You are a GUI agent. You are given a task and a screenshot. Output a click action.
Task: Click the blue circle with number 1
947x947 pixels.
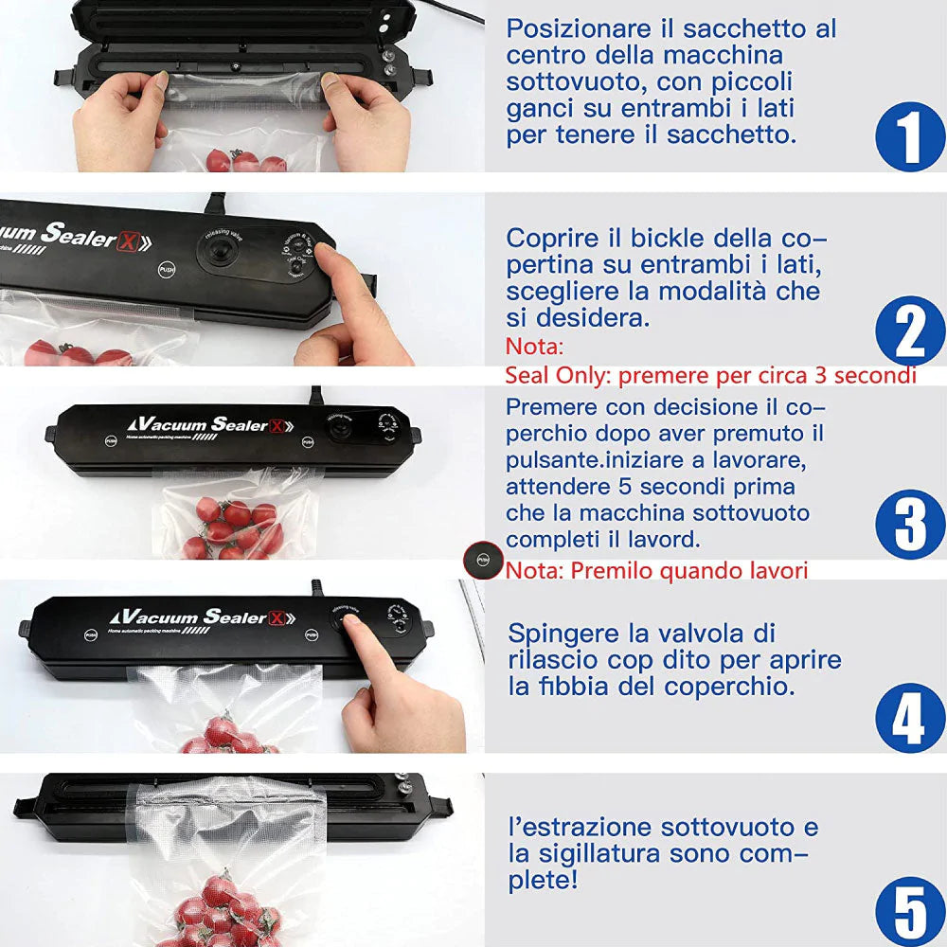click(908, 136)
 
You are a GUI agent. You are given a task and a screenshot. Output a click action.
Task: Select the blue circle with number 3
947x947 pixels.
click(909, 524)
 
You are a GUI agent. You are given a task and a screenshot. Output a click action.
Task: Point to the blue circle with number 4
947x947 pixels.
click(909, 717)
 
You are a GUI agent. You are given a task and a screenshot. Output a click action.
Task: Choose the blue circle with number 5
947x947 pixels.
click(909, 910)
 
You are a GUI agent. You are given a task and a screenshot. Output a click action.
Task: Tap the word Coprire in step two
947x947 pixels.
click(552, 237)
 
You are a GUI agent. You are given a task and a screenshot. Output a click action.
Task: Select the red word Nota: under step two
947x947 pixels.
click(534, 347)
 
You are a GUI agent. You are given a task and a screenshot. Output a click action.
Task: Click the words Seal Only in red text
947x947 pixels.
click(558, 375)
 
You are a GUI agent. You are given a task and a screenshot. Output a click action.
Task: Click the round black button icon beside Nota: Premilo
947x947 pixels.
click(484, 561)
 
